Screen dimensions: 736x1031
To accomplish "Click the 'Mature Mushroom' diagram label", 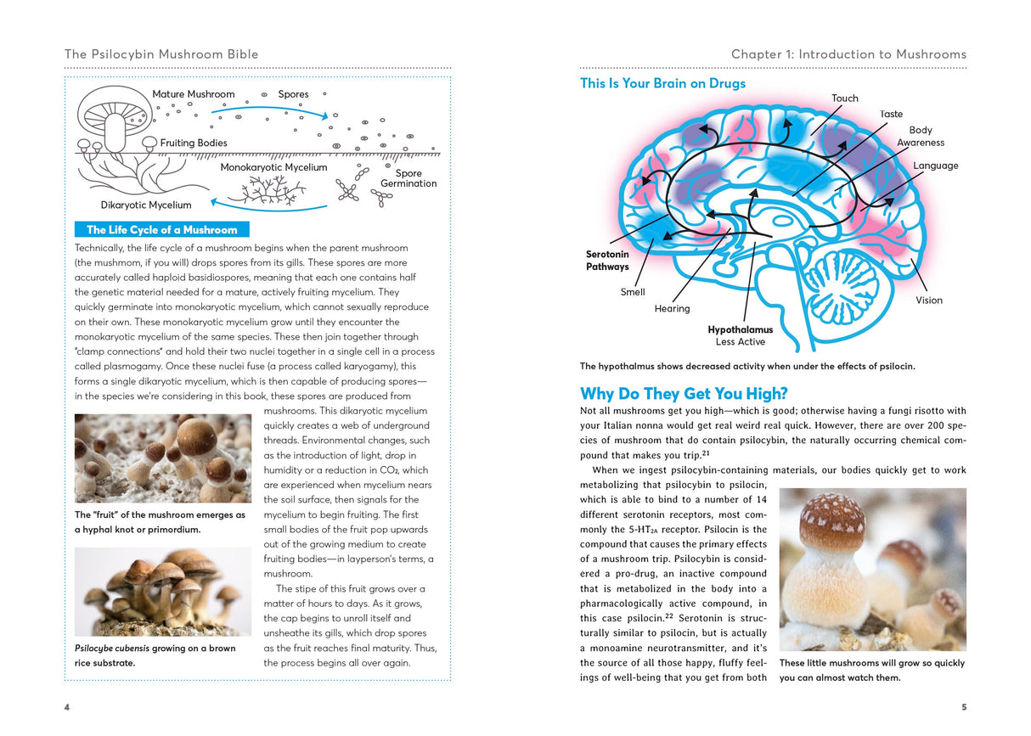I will pos(194,94).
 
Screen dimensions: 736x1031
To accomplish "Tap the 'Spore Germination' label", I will pos(408,178).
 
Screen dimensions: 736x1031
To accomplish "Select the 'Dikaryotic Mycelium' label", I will pos(146,205).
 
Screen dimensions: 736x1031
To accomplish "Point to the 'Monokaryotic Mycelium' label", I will pos(273,167).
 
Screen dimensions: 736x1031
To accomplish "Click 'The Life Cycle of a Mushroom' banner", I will pos(162,229).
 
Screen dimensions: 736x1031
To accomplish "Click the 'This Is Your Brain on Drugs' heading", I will pos(662,83).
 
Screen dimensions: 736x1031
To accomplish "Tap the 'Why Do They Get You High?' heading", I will pos(684,394).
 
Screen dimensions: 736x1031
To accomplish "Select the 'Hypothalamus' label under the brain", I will pos(741,329).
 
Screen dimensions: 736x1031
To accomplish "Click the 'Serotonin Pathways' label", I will pos(607,261).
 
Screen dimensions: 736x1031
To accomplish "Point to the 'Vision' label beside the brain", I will pos(929,301).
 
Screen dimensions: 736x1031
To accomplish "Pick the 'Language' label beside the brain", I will pos(936,166).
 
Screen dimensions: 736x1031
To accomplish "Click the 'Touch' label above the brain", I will pos(844,98).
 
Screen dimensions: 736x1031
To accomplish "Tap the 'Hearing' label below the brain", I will pos(672,309).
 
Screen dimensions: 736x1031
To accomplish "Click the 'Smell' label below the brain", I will pos(633,292).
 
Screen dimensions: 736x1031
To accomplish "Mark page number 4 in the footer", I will pos(67,707).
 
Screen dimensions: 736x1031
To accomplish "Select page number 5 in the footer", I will pos(963,707).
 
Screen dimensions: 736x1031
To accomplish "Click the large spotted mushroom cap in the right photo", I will pos(832,520).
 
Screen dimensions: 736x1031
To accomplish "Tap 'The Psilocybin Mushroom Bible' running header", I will pos(161,54).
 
